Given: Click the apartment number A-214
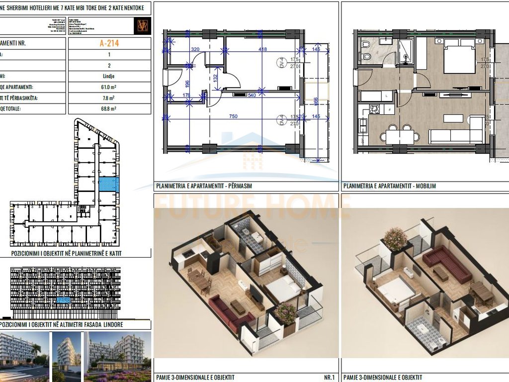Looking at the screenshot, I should tap(109, 43).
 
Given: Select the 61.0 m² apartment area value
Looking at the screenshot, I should tap(109, 87).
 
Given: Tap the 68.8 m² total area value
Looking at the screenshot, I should tap(109, 108).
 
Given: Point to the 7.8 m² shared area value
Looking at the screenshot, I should tap(109, 98).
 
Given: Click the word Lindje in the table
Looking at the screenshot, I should tap(109, 76).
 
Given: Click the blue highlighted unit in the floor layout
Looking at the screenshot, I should tap(108, 185).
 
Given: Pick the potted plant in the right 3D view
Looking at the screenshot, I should tap(395, 239).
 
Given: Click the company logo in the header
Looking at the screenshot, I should tap(142, 26).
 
